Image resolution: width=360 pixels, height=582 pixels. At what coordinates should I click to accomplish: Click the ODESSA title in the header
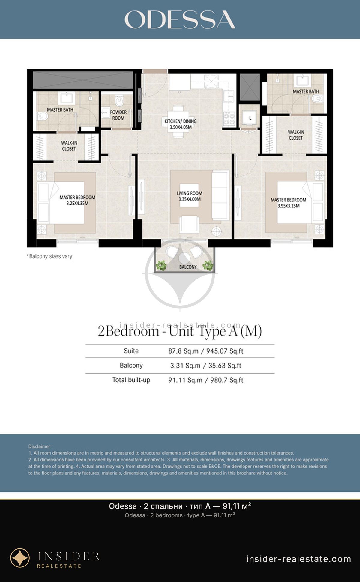coord(180,19)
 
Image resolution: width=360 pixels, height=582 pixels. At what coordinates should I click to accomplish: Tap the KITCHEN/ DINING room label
coord(181,121)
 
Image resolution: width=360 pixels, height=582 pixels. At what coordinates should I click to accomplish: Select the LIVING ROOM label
coord(190,193)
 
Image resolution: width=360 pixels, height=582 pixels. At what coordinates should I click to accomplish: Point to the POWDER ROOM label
coord(118,115)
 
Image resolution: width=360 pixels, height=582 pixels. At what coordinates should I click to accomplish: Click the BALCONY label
coord(188,267)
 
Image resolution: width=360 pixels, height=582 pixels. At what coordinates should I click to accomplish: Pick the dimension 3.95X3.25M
coord(289,206)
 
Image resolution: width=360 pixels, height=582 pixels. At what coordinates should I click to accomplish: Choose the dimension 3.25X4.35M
coord(77,203)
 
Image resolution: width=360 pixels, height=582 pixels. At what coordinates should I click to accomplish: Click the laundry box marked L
coord(250,118)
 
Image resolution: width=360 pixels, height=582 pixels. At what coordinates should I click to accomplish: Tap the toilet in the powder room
coord(120,101)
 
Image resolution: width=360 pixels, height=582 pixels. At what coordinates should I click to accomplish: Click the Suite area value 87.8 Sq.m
coord(183,351)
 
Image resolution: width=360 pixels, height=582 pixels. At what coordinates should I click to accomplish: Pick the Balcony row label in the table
coord(131,365)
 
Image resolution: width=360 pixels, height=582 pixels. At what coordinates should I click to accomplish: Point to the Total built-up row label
coord(131,380)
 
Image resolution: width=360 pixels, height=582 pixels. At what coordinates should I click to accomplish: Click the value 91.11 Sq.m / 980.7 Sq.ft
coord(206,380)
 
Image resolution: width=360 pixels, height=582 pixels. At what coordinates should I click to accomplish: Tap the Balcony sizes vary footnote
coord(50,256)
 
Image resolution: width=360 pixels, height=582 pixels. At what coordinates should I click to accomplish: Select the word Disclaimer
coord(39,446)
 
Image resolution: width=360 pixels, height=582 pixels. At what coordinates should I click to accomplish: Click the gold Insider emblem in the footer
coord(20,558)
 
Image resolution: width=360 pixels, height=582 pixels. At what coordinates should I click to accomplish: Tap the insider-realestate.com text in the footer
coord(298,559)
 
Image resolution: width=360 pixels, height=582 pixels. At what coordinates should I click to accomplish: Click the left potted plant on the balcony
coord(161,265)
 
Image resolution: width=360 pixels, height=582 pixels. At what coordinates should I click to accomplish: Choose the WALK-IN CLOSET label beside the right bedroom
coord(296,135)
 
